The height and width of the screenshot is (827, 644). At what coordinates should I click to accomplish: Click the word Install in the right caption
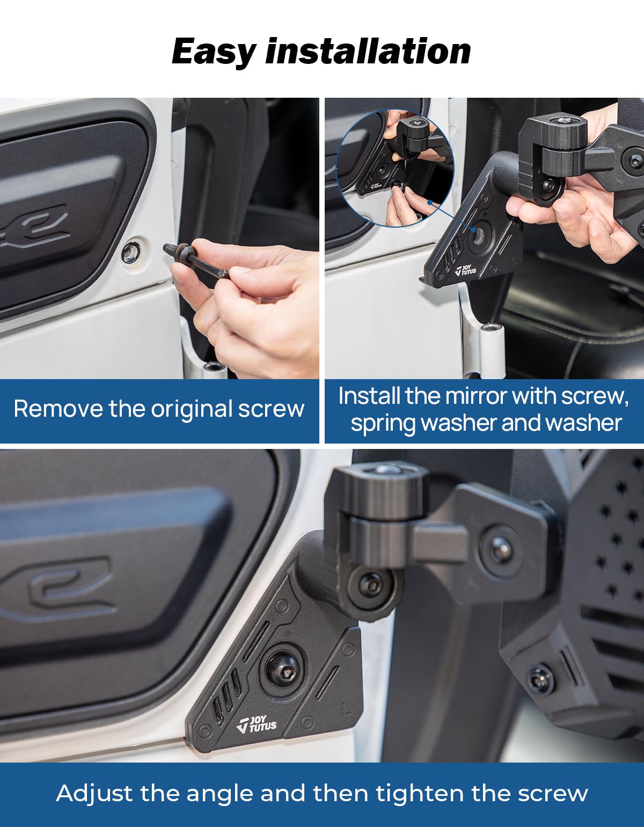pyautogui.click(x=369, y=396)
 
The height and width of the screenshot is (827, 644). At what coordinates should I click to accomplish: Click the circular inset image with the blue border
pyautogui.click(x=394, y=168)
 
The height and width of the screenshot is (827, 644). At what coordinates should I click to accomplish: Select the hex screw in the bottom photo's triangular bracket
pyautogui.click(x=283, y=669)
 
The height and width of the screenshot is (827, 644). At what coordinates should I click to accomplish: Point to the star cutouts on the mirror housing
pyautogui.click(x=617, y=537)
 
